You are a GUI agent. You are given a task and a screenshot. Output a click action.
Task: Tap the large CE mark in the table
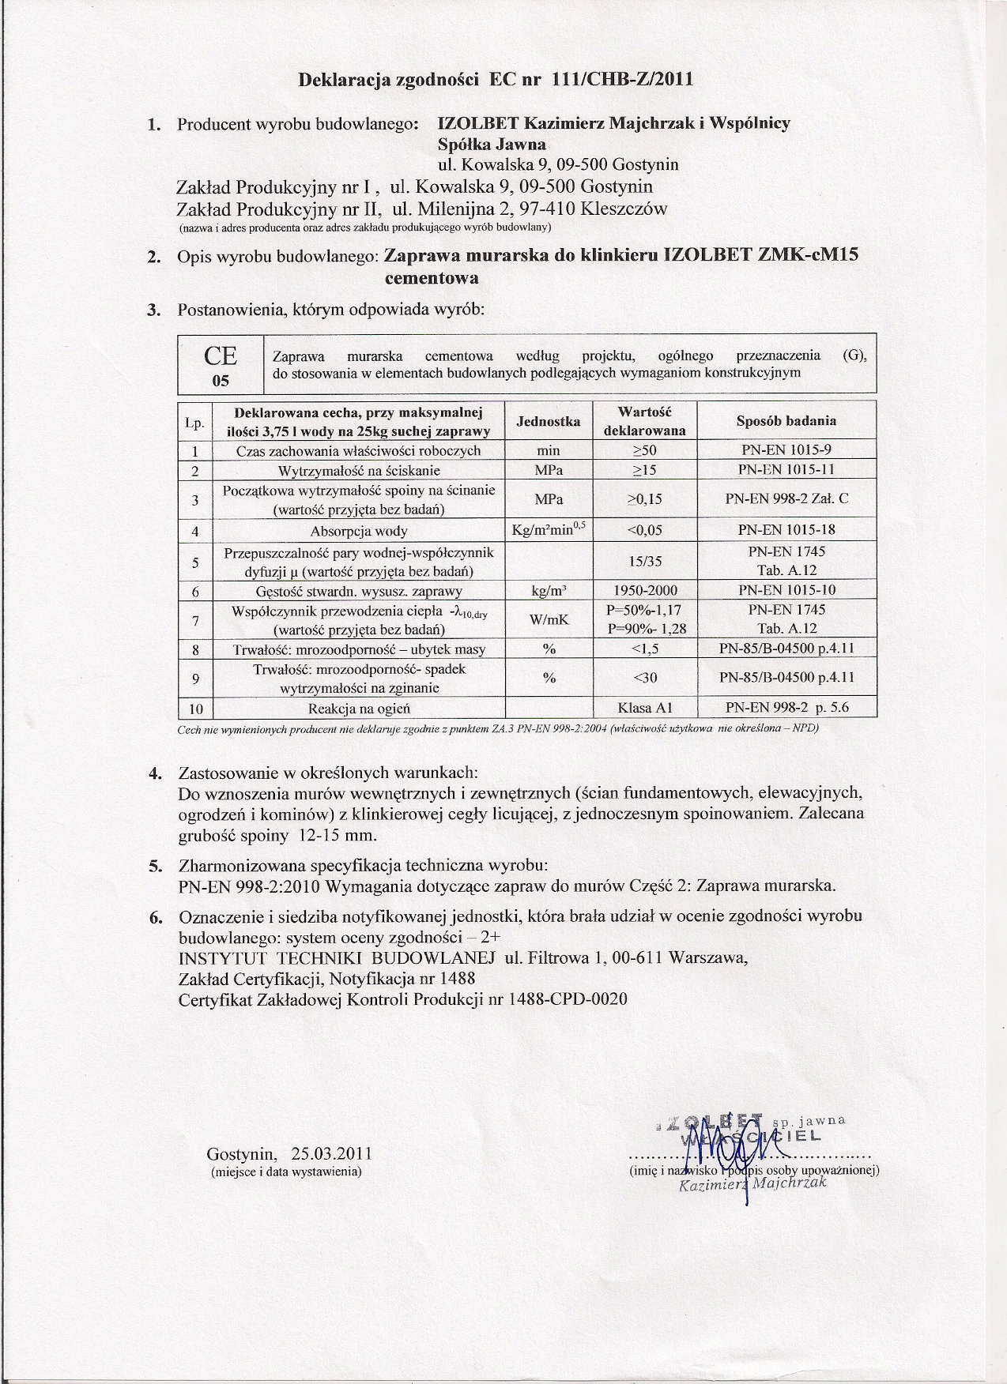tap(221, 355)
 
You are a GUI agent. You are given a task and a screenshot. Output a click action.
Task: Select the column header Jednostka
tap(548, 421)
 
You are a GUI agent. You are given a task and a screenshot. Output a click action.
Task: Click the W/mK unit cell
tap(549, 620)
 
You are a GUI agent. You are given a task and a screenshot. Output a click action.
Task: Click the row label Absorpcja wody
tap(358, 530)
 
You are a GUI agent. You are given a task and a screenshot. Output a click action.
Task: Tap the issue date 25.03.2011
tap(331, 1153)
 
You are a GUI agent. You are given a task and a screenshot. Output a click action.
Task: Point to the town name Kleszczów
tap(624, 209)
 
